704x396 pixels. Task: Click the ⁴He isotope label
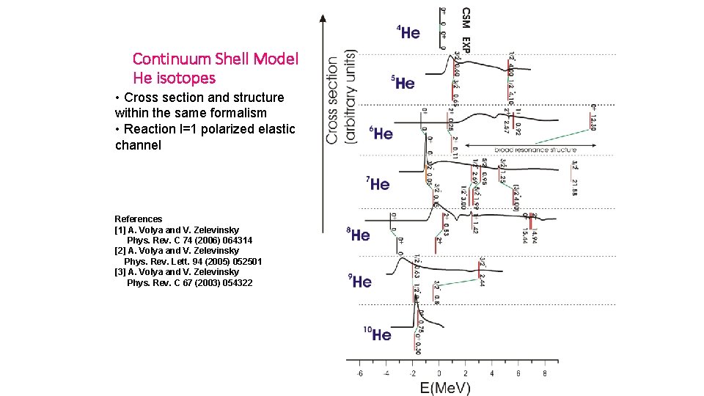pos(408,32)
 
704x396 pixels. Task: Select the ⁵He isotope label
pos(403,83)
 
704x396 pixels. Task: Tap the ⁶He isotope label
pos(381,133)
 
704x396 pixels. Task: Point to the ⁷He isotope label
pos(378,183)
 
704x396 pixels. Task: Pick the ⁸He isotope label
pos(359,235)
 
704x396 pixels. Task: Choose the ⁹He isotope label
pos(360,282)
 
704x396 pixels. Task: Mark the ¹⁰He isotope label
pos(378,334)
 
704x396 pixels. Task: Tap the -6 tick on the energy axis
pos(359,373)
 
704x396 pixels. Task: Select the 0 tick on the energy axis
pos(439,373)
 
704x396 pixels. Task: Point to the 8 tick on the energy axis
pos(544,373)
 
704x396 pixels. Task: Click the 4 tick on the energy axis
pos(491,373)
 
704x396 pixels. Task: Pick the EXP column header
pos(466,43)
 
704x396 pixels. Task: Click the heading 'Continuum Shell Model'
pos(216,59)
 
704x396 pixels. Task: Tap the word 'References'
pos(139,219)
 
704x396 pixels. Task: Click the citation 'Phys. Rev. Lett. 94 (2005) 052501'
pos(194,261)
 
